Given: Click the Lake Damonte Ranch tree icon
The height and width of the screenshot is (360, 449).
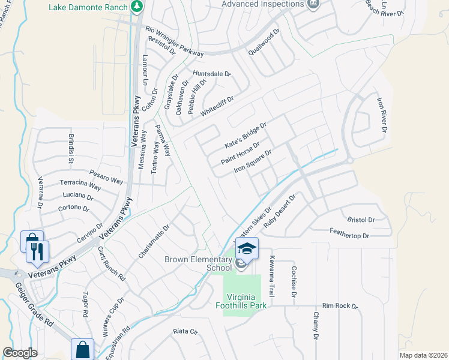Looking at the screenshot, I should coord(137,7).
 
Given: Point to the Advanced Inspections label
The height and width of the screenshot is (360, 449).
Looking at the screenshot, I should coord(262,4).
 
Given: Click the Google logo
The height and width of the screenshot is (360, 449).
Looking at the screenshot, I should coord(20,353).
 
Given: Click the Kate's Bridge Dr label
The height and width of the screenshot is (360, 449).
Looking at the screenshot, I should coord(245,135).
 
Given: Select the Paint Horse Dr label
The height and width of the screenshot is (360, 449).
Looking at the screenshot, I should coord(240,153).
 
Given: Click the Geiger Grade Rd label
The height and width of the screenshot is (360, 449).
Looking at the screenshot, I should coord(34,306).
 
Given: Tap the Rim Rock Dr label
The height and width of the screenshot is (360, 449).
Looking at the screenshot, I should coord(339,306).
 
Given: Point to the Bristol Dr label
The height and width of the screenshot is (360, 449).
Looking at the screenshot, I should coord(361,220).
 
